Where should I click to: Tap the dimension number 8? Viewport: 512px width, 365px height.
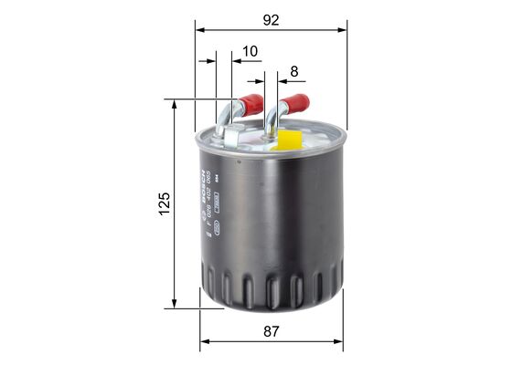click(294, 70)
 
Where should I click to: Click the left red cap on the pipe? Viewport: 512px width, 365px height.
click(251, 101)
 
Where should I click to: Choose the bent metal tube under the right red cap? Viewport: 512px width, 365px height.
click(273, 119)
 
